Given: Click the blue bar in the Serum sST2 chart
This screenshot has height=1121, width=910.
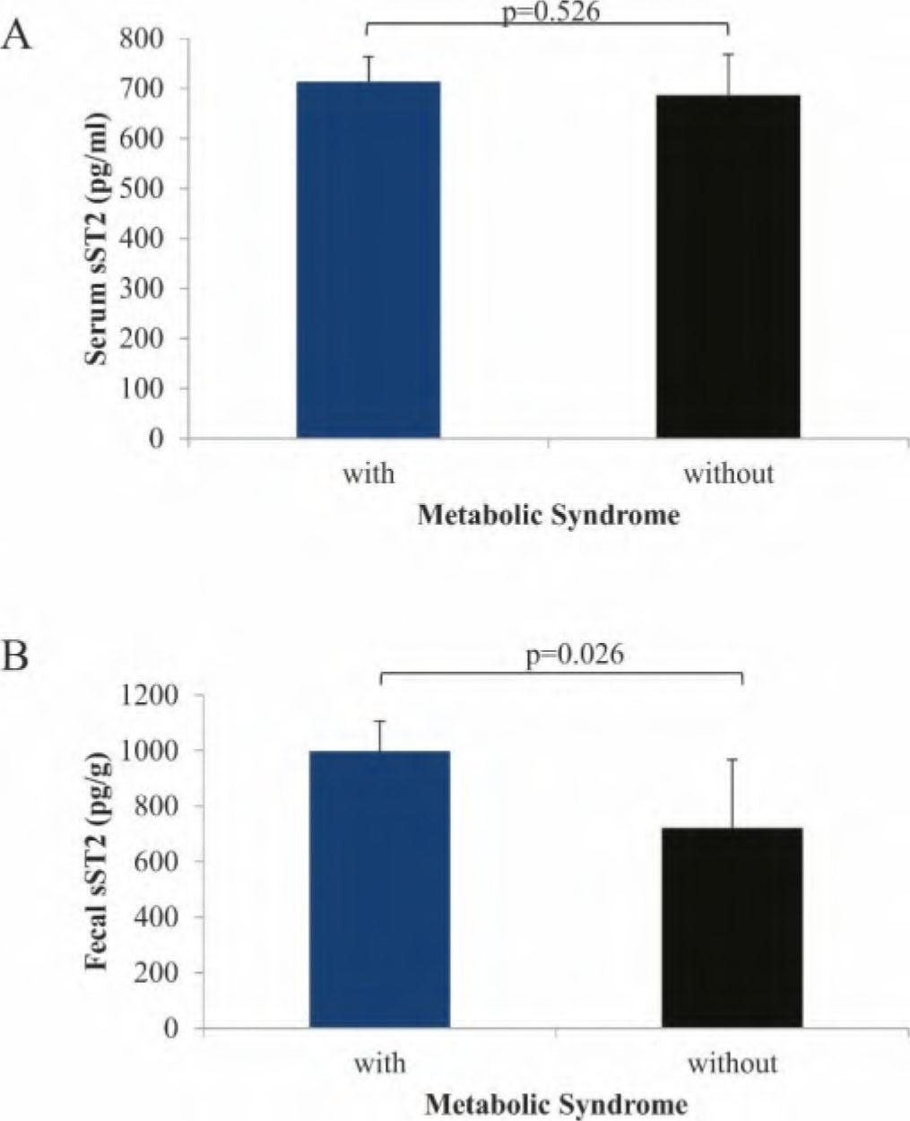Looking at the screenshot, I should pyautogui.click(x=368, y=260).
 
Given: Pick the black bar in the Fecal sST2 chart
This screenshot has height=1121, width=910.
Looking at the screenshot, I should pyautogui.click(x=732, y=927).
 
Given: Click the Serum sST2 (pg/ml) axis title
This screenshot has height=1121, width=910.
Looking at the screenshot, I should pyautogui.click(x=98, y=239).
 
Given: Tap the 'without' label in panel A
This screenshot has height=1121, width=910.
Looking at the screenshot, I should pyautogui.click(x=728, y=473).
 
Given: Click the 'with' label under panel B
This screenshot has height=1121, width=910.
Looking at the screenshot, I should pyautogui.click(x=379, y=1064).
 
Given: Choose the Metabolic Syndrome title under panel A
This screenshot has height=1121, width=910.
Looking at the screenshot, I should pyautogui.click(x=548, y=517).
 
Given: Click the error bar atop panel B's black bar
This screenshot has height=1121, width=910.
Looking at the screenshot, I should pyautogui.click(x=732, y=793).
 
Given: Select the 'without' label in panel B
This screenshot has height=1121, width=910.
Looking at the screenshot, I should pyautogui.click(x=732, y=1064).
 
